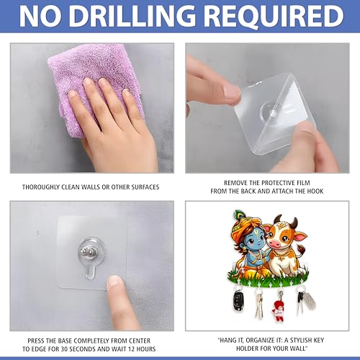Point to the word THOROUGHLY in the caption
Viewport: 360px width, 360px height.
[40, 187]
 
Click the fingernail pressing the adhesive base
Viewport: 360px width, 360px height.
[114, 282]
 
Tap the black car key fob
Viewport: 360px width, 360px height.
[238, 300]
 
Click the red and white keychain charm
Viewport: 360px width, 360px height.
[279, 311]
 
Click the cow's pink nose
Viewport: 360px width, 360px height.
[275, 244]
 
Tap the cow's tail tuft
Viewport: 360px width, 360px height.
[301, 250]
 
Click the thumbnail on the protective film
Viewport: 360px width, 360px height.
[231, 91]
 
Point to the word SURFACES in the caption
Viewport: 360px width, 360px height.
[145, 187]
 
